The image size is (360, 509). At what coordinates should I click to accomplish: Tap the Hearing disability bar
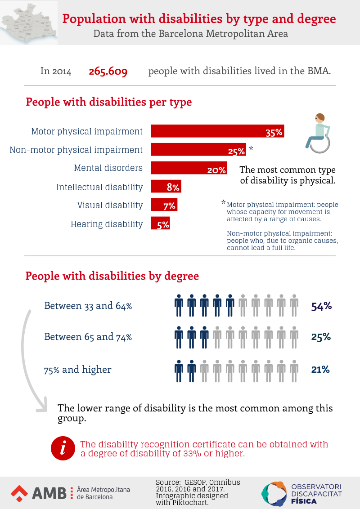tap(160, 223)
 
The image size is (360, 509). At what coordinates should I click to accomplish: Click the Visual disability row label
tap(110, 205)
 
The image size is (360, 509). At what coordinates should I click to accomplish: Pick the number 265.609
tap(108, 71)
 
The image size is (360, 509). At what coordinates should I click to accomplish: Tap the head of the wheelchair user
tap(319, 117)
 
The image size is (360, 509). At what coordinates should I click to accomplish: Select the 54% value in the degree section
tap(321, 306)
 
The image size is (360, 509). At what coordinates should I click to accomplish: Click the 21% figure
tap(320, 370)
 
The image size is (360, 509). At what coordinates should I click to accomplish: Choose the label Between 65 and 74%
tap(88, 337)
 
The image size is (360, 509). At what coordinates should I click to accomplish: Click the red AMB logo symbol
tap(19, 493)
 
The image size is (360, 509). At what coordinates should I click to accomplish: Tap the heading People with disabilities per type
tap(108, 102)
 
